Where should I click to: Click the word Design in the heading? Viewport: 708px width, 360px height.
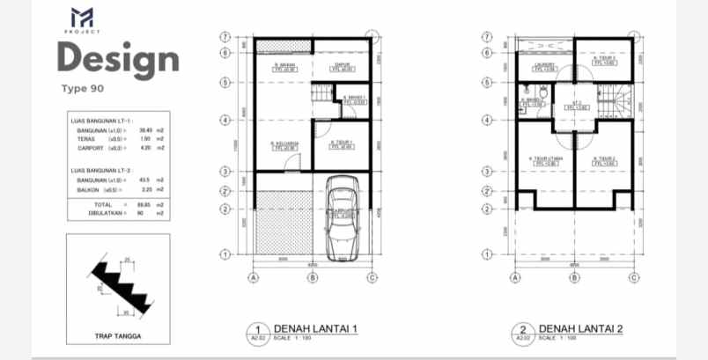pos(118,59)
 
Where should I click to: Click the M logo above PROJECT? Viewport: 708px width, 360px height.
pos(82,17)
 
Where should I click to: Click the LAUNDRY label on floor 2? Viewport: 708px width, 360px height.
pos(542,67)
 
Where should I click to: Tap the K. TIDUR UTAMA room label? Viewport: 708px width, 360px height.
pos(544,161)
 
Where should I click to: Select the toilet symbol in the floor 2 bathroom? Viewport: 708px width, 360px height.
pos(544,92)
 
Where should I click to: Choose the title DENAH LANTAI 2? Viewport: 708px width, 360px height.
pos(580,328)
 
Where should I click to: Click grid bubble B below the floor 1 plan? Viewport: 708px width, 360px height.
pos(312,278)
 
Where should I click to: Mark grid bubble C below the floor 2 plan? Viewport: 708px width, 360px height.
pos(633,278)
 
